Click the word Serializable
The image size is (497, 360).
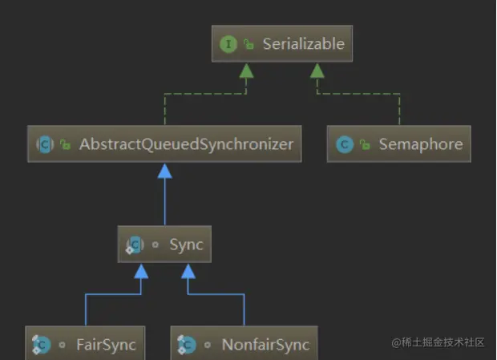pyautogui.click(x=304, y=44)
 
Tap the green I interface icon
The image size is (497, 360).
pyautogui.click(x=228, y=44)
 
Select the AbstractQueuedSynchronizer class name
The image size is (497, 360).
pyautogui.click(x=186, y=144)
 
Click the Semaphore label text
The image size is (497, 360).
pyautogui.click(x=421, y=144)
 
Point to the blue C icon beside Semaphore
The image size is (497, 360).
pyautogui.click(x=345, y=144)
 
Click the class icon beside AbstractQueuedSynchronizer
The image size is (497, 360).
pyautogui.click(x=45, y=144)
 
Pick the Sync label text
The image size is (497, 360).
pyautogui.click(x=186, y=245)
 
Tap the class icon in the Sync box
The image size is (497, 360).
pyautogui.click(x=135, y=245)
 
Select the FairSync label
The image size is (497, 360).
pyautogui.click(x=106, y=345)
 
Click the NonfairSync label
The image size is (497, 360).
pyautogui.click(x=265, y=345)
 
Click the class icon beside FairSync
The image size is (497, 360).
pyautogui.click(x=41, y=345)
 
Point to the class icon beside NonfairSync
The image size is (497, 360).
pyautogui.click(x=186, y=345)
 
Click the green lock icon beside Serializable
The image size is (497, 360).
pyautogui.click(x=248, y=44)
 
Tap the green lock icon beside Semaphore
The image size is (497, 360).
pyautogui.click(x=365, y=144)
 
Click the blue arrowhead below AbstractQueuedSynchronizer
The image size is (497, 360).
pyautogui.click(x=165, y=171)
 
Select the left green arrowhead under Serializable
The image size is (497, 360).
pyautogui.click(x=246, y=71)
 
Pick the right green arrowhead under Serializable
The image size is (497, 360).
pyautogui.click(x=317, y=71)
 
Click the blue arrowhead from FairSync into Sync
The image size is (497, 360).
pyautogui.click(x=141, y=272)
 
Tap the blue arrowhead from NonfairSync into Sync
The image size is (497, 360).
pyautogui.click(x=188, y=272)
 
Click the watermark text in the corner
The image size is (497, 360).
pyautogui.click(x=438, y=342)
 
